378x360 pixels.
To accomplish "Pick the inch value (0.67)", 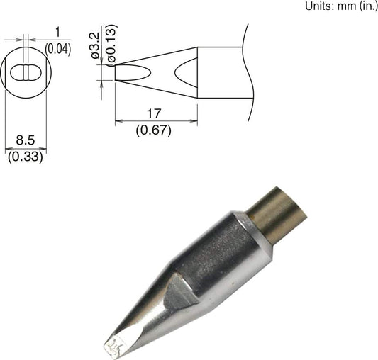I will [155, 130].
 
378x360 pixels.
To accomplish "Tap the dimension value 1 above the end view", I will [57, 33].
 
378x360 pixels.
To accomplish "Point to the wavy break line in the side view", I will [248, 71].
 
